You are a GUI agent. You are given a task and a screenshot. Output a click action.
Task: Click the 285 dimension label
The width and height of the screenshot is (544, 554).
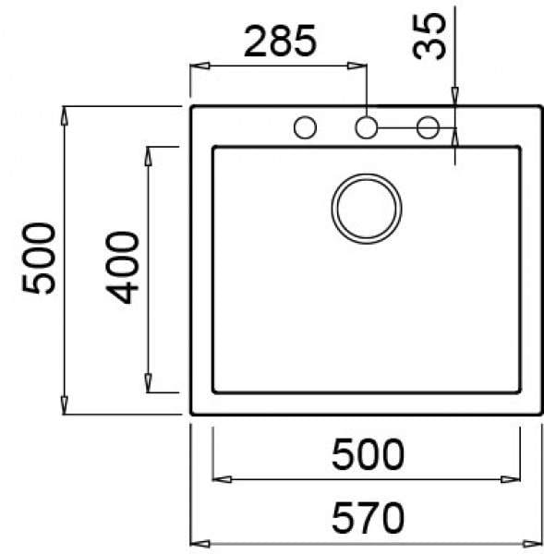(280, 42)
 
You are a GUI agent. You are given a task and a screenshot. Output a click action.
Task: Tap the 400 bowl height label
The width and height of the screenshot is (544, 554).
(123, 269)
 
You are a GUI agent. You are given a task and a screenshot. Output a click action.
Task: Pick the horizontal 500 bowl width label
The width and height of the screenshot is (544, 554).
(367, 454)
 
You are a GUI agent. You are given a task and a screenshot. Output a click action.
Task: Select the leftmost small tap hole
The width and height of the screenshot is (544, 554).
(305, 128)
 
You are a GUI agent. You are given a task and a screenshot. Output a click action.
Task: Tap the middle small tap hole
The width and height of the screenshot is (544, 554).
(367, 128)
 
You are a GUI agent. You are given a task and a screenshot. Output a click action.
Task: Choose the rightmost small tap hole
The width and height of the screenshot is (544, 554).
(428, 128)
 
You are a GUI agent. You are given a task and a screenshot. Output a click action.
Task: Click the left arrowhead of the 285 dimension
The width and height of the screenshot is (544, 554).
(197, 66)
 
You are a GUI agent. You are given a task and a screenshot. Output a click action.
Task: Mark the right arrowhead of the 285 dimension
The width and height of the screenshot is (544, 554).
(360, 66)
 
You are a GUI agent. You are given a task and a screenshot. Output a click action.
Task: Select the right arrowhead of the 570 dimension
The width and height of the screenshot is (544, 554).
(536, 543)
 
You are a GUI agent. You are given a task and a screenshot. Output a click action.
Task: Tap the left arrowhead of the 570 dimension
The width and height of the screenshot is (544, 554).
(197, 543)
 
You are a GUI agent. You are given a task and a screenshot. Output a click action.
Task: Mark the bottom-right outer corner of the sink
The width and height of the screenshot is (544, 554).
(541, 415)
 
